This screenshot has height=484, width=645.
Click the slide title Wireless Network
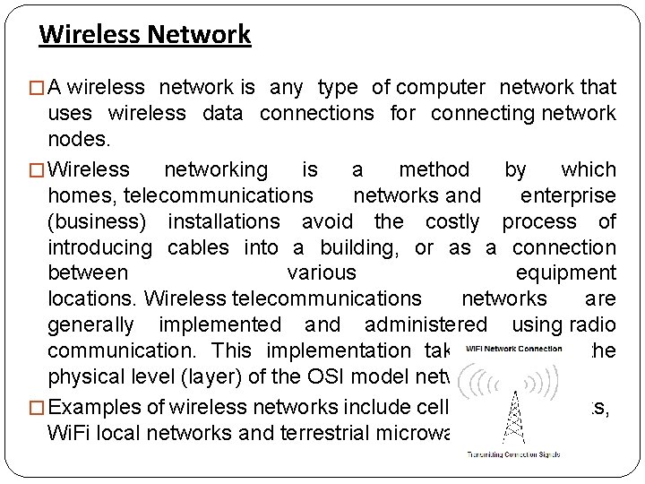(145, 35)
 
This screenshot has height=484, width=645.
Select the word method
(434, 169)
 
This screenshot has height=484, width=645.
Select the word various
(321, 272)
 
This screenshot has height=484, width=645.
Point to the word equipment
(566, 272)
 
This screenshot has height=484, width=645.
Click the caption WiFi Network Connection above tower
(514, 349)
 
